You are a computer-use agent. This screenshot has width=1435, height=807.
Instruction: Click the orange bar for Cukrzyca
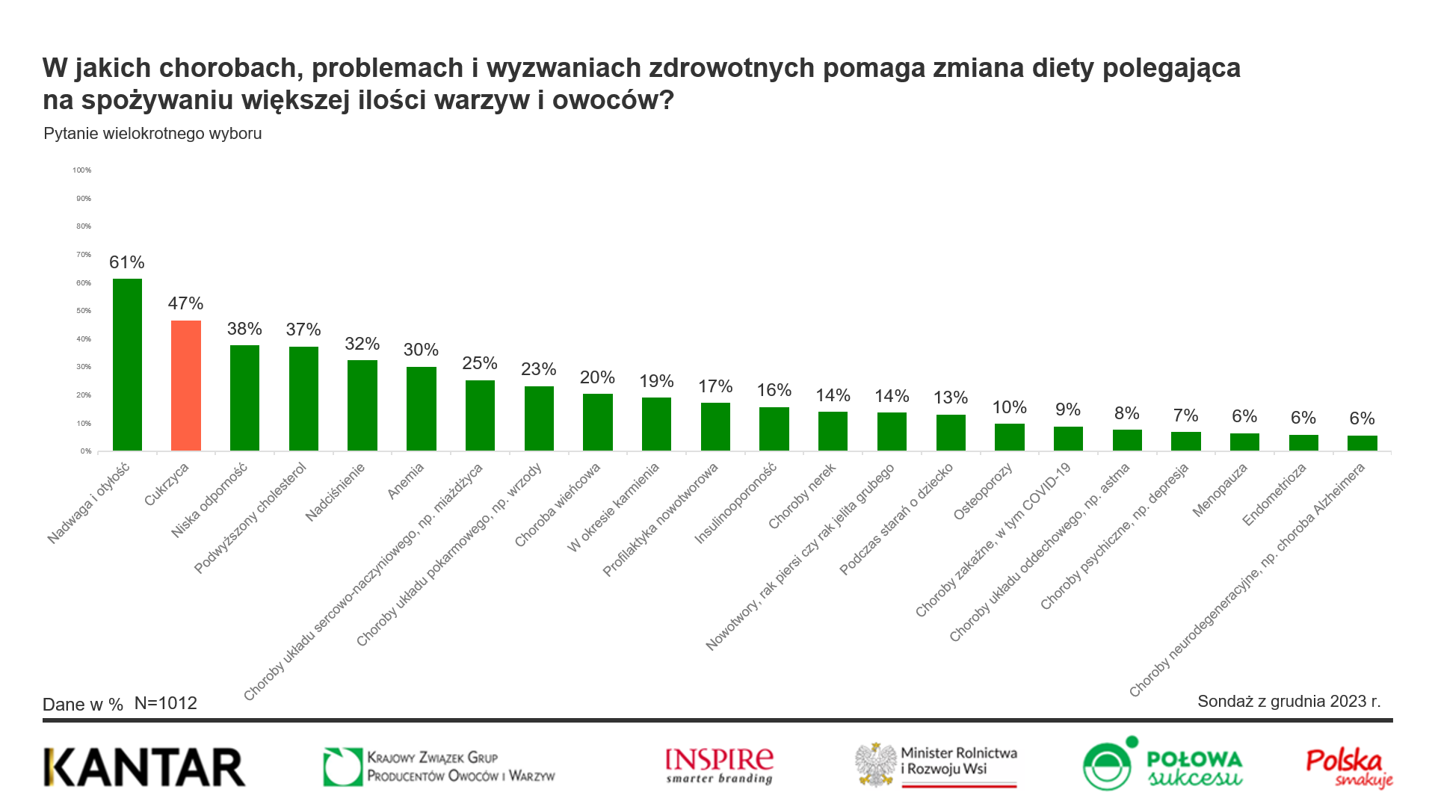(186, 386)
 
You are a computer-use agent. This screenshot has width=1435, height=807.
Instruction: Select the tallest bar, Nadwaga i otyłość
(127, 365)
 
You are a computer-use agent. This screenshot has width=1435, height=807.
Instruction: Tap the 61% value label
(127, 262)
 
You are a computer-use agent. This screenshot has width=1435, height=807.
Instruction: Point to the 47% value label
(185, 303)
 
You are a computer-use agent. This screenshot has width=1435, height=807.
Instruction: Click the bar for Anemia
(422, 409)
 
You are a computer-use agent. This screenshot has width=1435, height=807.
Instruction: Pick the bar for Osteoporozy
(1009, 437)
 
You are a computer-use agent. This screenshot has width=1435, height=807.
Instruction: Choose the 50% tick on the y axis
(84, 311)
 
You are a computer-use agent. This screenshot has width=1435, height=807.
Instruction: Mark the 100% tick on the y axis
(82, 170)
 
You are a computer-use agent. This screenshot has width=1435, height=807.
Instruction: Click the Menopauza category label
(1220, 490)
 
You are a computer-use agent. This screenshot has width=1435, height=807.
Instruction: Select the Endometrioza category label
(1274, 495)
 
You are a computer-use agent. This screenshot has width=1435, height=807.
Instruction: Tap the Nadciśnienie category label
(336, 492)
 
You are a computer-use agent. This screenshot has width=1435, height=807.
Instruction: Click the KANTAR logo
(144, 767)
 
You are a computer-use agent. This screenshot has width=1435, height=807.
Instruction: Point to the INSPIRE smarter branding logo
(719, 766)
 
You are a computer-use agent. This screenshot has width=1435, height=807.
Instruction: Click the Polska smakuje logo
(1349, 767)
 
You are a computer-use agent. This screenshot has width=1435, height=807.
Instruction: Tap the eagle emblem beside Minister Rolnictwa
(876, 765)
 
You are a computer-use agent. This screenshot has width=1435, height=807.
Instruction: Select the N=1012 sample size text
(166, 704)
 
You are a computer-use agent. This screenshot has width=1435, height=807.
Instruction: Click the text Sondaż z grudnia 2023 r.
(1289, 702)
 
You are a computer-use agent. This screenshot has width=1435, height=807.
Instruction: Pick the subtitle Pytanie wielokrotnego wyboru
(152, 134)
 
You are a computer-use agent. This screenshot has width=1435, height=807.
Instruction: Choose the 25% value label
(480, 363)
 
